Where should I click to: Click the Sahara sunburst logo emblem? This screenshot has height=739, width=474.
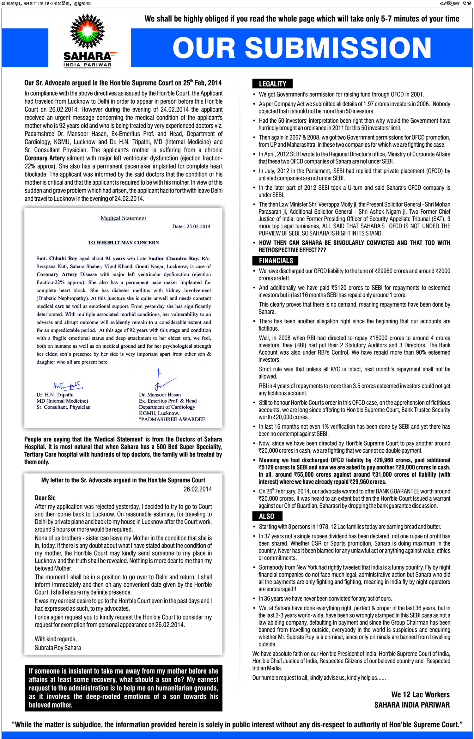[x=87, y=31]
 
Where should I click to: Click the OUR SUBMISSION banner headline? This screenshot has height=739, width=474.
[x=302, y=48]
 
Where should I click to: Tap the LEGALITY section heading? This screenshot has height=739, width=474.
[x=272, y=84]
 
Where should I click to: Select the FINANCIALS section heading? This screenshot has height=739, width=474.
[x=276, y=260]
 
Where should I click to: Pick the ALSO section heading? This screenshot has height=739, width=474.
[x=267, y=516]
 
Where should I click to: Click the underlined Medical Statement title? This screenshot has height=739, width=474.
[x=123, y=218]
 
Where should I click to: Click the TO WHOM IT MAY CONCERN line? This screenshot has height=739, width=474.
[x=123, y=242]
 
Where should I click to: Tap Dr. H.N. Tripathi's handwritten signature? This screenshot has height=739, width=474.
[x=68, y=386]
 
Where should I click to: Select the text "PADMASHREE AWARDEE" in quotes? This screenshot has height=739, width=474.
[x=173, y=419]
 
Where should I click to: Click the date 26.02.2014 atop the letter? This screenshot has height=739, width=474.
[x=197, y=489]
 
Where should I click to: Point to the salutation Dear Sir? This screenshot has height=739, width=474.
[x=45, y=498]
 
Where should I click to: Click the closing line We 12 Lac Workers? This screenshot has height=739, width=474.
[x=420, y=694]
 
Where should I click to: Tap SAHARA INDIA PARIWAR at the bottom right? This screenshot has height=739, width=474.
[x=412, y=705]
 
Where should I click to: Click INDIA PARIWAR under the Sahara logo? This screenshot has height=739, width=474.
[x=88, y=65]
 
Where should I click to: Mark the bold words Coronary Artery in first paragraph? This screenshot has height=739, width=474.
[x=45, y=158]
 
